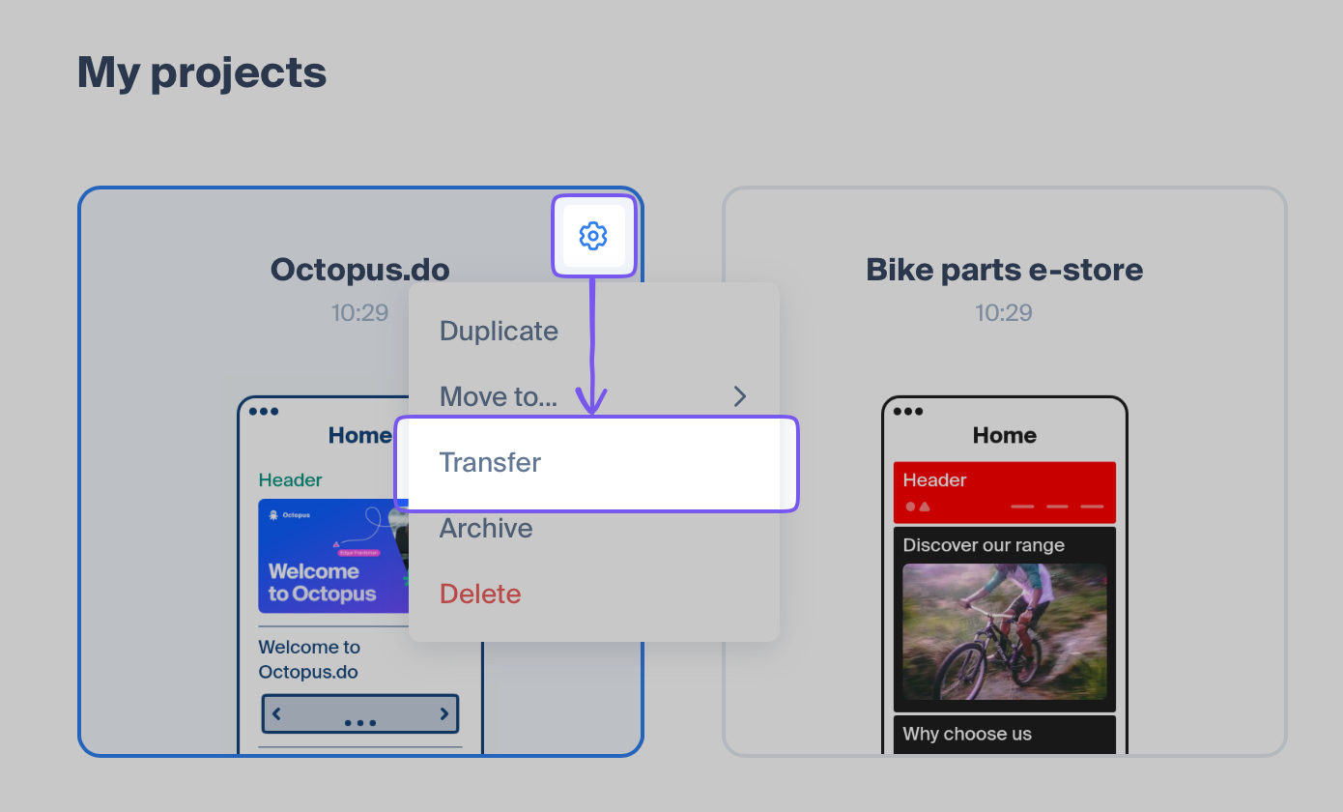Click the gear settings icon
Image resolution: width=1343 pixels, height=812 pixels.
click(x=593, y=236)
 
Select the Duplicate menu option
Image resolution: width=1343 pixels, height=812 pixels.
click(x=499, y=331)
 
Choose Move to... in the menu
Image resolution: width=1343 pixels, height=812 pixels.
click(x=499, y=396)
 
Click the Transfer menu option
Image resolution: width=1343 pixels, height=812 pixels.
click(x=490, y=462)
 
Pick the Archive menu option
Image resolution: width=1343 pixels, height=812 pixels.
click(x=486, y=529)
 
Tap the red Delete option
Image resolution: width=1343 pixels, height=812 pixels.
click(x=480, y=594)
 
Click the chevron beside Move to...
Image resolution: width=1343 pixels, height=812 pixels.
click(x=740, y=396)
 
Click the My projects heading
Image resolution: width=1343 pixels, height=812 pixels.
click(x=201, y=72)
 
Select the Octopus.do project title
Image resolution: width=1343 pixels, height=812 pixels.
click(x=359, y=270)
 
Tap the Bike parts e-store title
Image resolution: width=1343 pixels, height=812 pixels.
click(x=1004, y=270)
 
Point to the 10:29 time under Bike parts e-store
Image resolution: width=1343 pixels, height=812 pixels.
click(x=1004, y=312)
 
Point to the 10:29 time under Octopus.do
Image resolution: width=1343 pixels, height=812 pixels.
click(x=359, y=312)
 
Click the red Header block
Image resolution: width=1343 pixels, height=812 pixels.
click(x=1004, y=492)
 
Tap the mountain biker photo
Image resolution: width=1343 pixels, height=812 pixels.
click(x=1004, y=631)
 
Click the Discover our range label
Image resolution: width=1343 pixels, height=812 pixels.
click(x=984, y=544)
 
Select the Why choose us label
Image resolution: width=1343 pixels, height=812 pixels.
click(x=967, y=734)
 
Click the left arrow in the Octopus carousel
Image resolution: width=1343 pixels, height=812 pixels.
click(x=276, y=713)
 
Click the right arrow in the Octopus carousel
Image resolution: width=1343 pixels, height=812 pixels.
click(x=444, y=713)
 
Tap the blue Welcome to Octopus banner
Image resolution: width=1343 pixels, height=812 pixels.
click(x=333, y=556)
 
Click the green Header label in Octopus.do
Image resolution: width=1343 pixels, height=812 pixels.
click(x=290, y=479)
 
